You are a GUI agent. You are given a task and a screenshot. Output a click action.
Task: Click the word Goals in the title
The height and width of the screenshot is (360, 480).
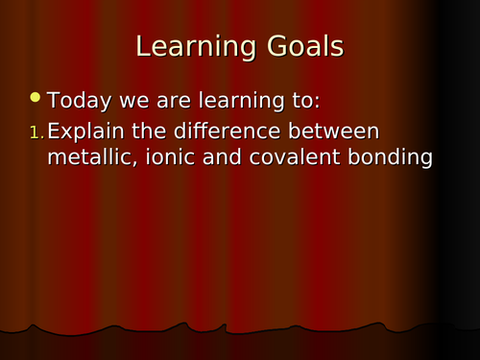pos(299,47)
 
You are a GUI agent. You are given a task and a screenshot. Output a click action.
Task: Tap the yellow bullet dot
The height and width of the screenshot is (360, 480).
pos(36,97)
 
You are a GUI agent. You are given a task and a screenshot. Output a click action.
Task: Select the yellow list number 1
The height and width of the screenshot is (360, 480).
pos(36,132)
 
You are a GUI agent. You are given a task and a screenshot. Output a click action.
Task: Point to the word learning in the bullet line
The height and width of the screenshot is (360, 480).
pos(222,100)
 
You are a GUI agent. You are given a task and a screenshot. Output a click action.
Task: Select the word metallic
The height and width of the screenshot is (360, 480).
pos(91,157)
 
